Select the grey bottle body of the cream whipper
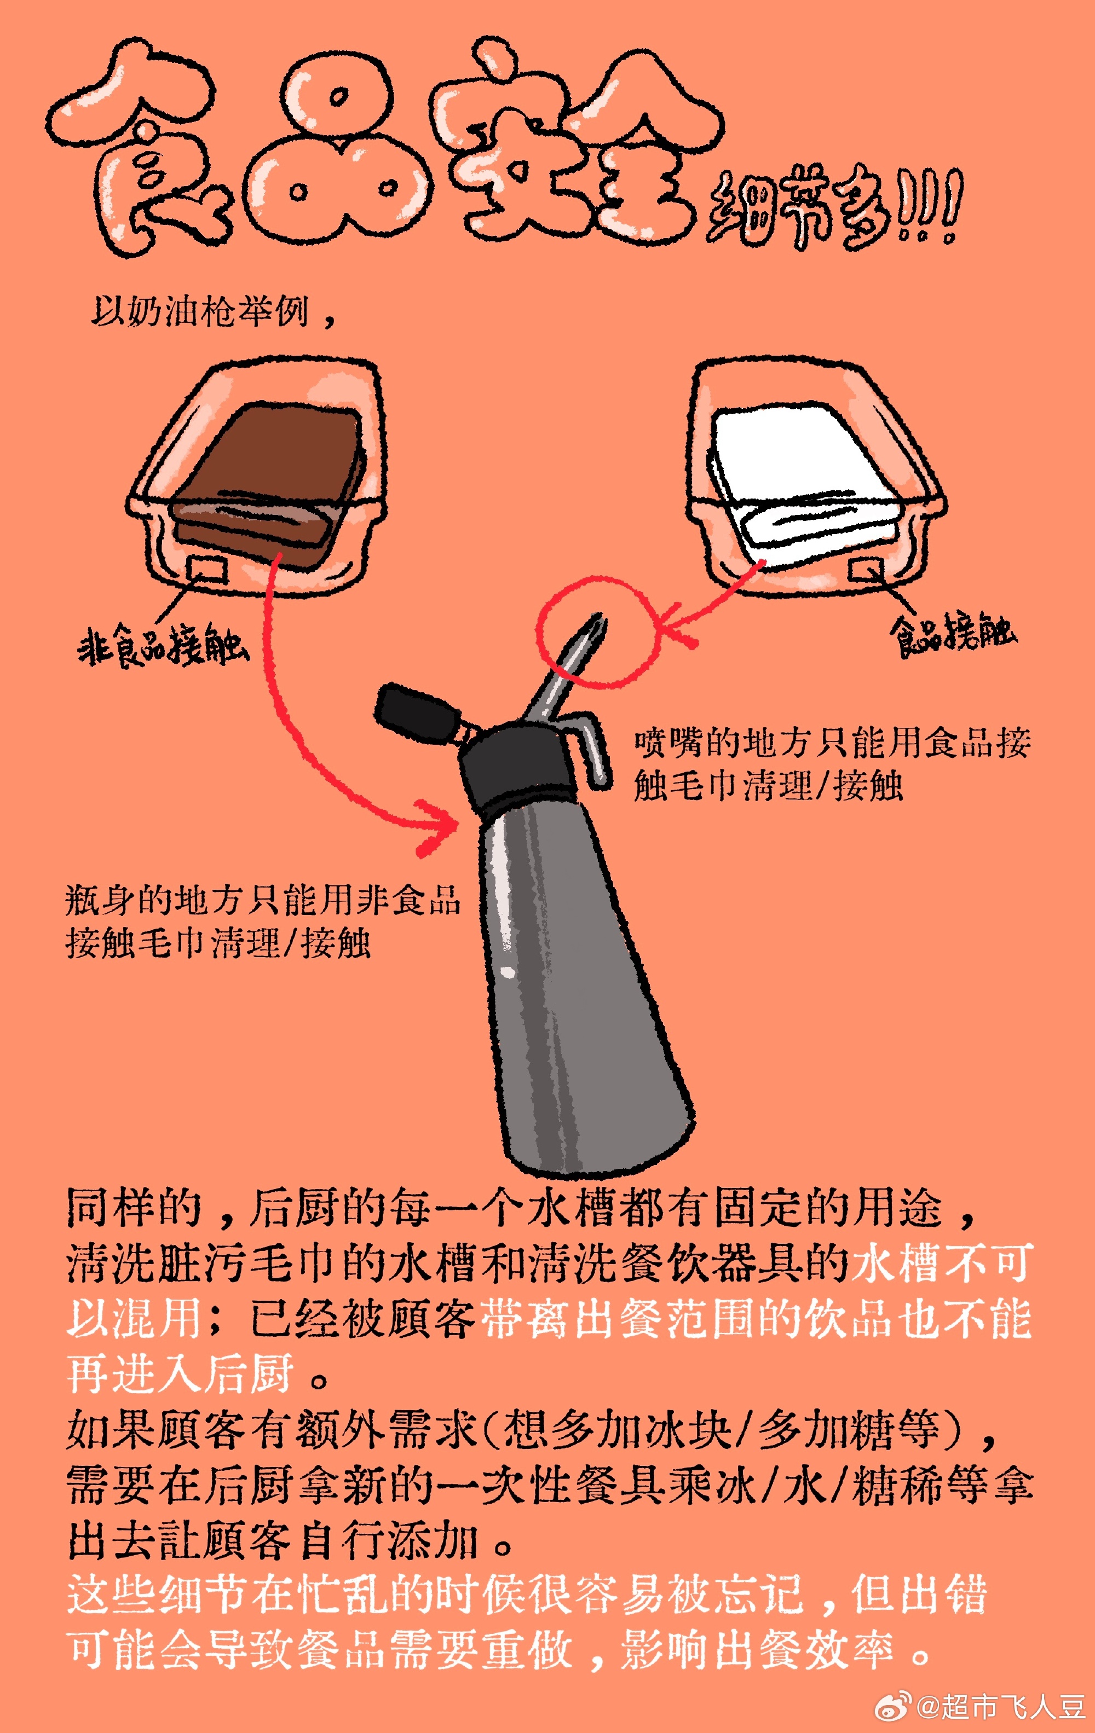(x=576, y=993)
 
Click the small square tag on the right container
(x=865, y=569)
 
